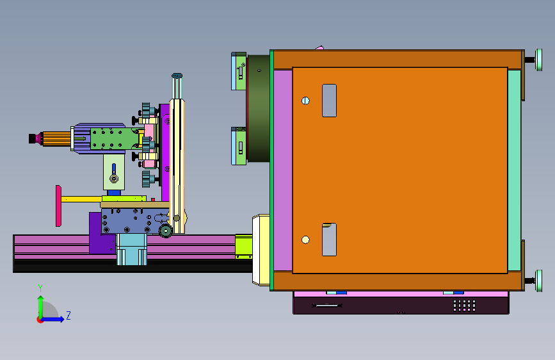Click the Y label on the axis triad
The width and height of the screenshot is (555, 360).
click(40, 288)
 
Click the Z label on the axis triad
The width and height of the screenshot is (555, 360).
click(68, 315)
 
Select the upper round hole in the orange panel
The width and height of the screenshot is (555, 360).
click(305, 101)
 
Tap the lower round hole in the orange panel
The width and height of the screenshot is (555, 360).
click(305, 240)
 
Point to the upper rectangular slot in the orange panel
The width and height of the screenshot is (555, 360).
click(329, 101)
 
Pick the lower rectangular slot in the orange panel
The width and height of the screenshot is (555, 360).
click(329, 240)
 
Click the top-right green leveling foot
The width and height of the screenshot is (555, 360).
click(538, 60)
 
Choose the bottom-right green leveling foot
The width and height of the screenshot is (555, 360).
click(538, 281)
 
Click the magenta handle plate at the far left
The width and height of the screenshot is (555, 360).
click(58, 206)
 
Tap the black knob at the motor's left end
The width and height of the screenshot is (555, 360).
click(33, 138)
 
